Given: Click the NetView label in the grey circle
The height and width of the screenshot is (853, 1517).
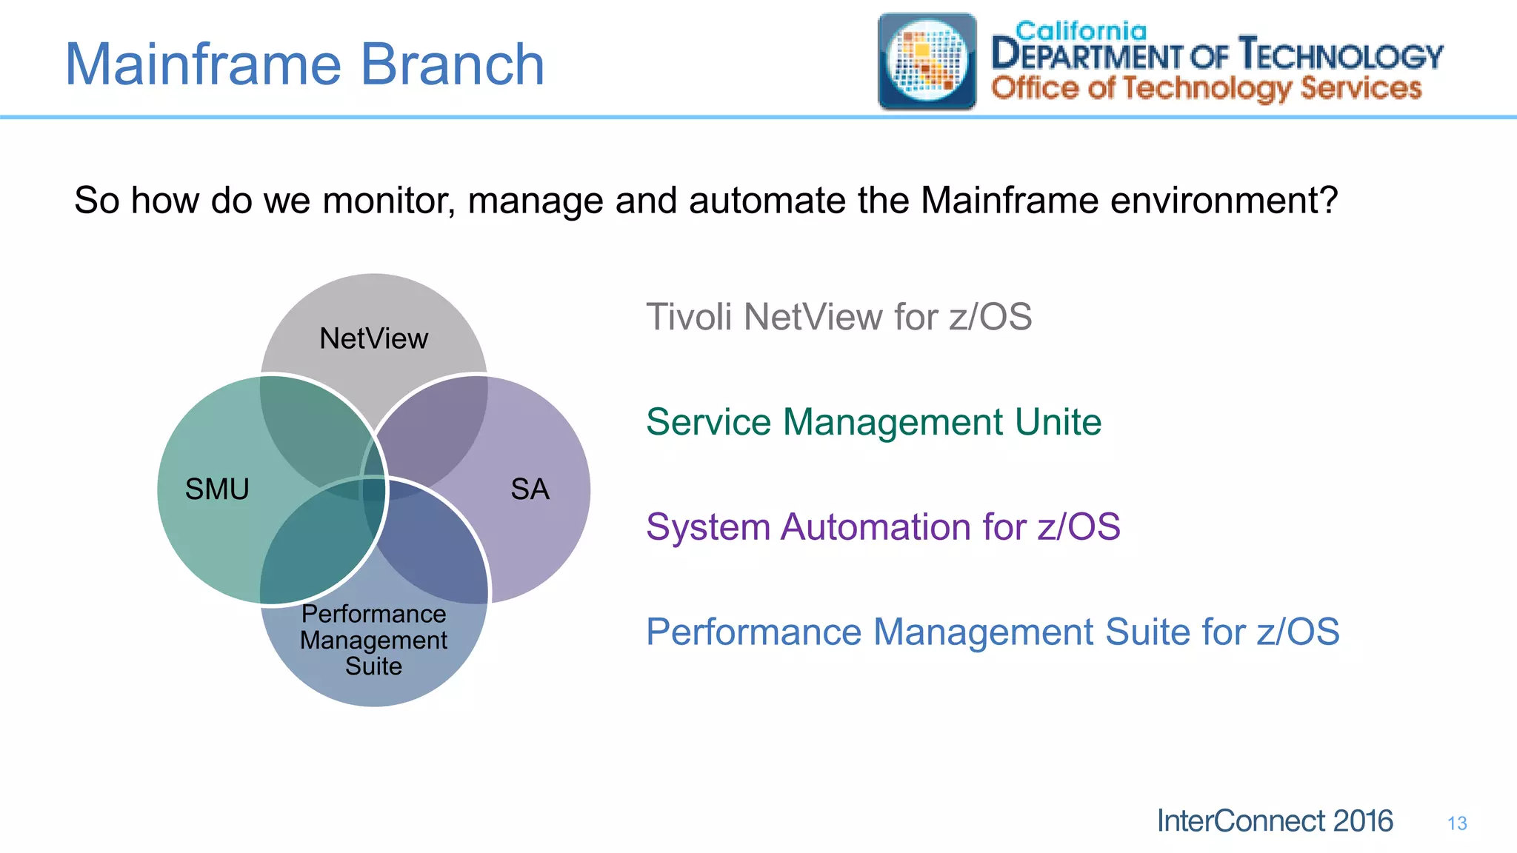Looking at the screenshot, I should [373, 339].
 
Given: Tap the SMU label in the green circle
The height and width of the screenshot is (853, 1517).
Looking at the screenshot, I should [217, 489].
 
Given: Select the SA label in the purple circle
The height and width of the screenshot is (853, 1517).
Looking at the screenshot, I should [530, 489].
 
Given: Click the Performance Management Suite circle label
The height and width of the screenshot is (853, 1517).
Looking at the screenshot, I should [373, 640].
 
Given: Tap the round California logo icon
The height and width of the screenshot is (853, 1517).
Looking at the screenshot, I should [927, 61].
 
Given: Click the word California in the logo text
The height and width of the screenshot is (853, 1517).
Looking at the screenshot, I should [1081, 31].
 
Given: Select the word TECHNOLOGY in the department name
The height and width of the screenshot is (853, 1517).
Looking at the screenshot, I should [1341, 56].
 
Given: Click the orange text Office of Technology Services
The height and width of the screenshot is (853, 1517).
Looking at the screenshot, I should [1207, 88].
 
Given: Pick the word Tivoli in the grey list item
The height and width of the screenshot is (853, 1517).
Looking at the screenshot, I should [688, 317].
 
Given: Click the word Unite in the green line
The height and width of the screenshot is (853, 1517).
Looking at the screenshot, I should [1058, 422].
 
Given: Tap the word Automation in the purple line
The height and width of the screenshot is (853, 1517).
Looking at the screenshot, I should [875, 527].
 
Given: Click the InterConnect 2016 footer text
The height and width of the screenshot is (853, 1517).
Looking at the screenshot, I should [1274, 821].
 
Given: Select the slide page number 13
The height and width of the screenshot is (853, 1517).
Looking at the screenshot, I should [1457, 823].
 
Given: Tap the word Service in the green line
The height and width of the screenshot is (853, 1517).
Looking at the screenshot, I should [709, 422].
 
